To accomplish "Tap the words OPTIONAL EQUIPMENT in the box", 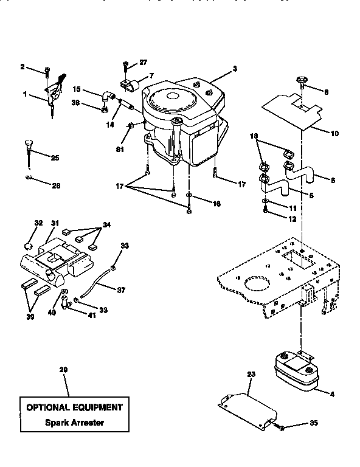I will tap(74, 407).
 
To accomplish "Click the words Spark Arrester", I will tap(74, 421).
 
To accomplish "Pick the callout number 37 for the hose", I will tap(120, 290).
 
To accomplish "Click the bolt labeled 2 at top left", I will tap(47, 74).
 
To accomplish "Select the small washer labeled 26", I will tap(28, 178).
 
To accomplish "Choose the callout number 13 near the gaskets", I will tap(255, 137).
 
